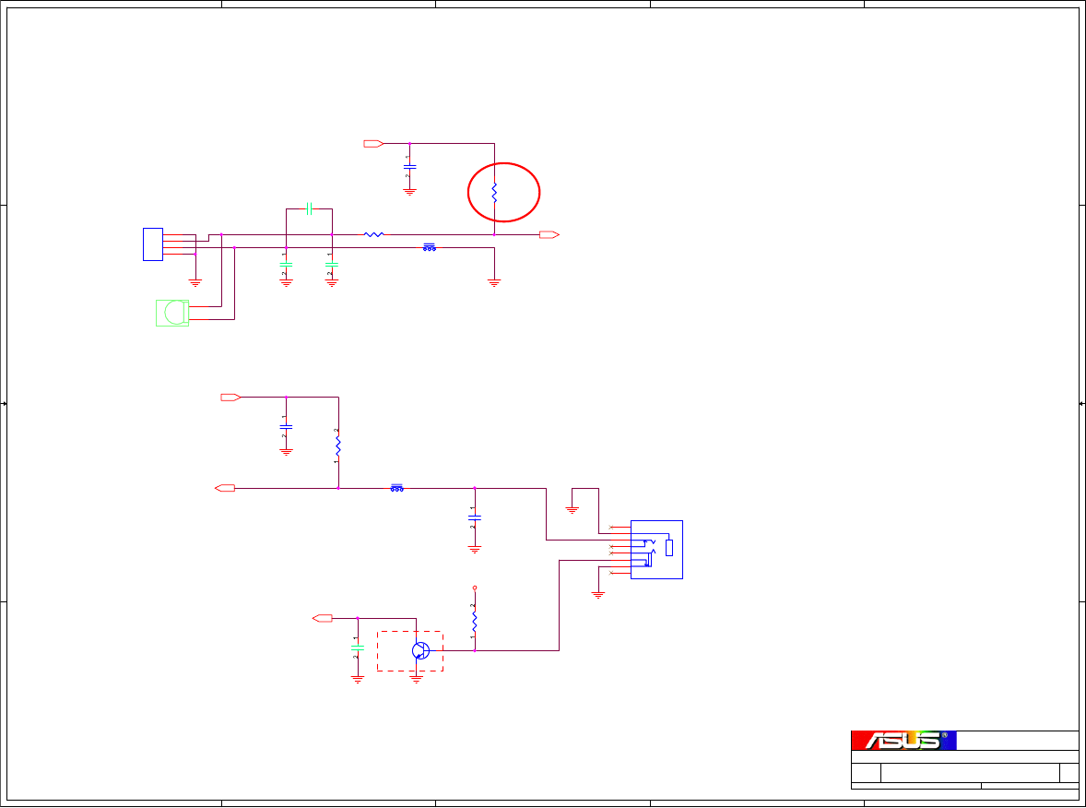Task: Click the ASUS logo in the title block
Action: click(903, 740)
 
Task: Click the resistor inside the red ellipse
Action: click(494, 192)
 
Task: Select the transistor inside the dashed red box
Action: click(420, 650)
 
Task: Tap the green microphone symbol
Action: click(172, 313)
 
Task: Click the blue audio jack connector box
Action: click(656, 549)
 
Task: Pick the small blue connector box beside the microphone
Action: click(153, 244)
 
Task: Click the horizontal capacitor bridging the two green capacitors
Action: click(310, 209)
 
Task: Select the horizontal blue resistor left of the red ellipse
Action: click(373, 234)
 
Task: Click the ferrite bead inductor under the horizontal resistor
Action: click(430, 247)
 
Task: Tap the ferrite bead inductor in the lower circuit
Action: click(397, 488)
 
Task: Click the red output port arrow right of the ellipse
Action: click(549, 234)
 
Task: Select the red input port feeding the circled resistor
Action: click(373, 144)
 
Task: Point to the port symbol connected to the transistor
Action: click(323, 618)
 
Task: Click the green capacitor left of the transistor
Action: click(358, 648)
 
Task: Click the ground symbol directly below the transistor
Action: click(416, 678)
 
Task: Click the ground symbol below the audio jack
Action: click(598, 595)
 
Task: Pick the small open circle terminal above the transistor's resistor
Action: click(475, 587)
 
